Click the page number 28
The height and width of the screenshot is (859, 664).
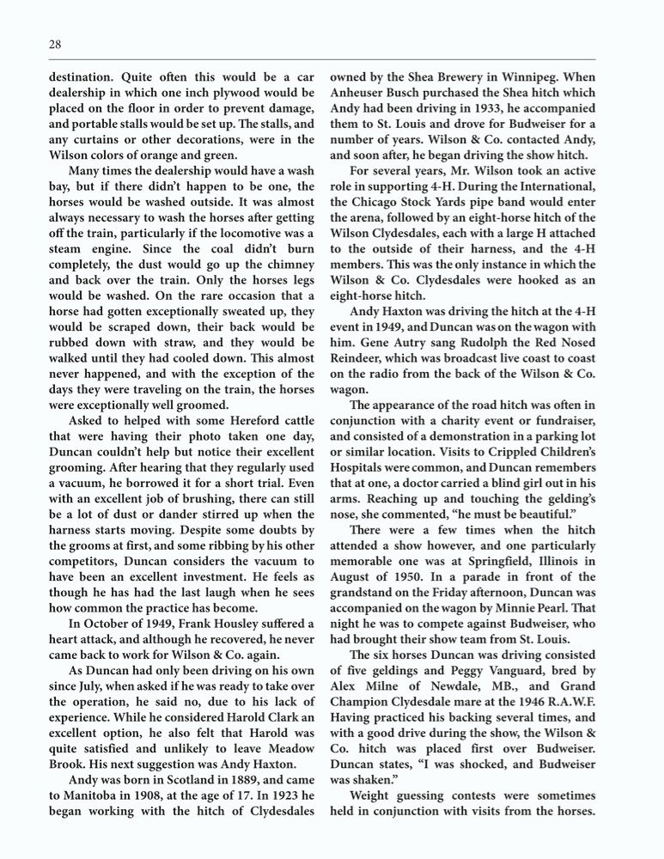coord(54,44)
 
